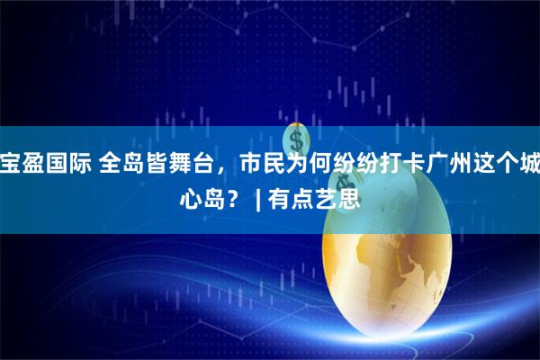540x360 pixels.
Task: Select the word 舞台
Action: tap(171, 166)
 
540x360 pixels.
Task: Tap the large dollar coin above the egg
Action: tap(296, 139)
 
